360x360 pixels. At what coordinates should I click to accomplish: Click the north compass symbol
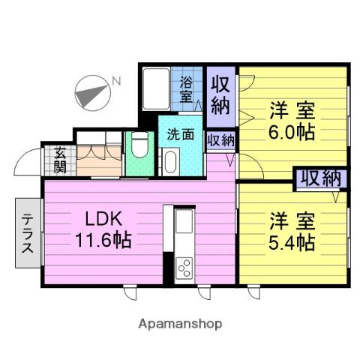coord(91,94)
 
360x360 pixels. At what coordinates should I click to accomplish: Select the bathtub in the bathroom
coord(157,89)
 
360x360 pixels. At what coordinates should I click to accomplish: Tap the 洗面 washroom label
coord(180,136)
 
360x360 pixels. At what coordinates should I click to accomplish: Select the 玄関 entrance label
coord(59,160)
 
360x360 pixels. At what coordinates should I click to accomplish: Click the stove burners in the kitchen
coord(184,268)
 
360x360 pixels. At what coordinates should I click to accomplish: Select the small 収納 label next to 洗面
coord(219,139)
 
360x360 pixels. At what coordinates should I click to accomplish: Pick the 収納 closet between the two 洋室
coord(320,178)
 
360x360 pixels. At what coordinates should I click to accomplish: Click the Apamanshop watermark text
coord(180,324)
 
